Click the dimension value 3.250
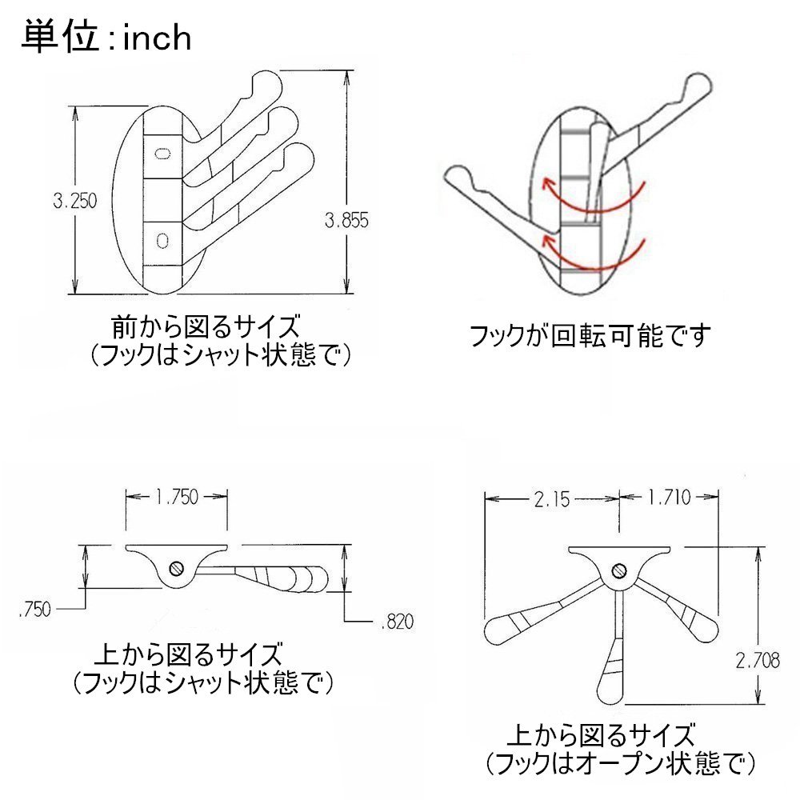pyautogui.click(x=74, y=201)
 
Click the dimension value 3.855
pyautogui.click(x=346, y=220)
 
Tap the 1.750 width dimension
pyautogui.click(x=177, y=497)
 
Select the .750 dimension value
pyautogui.click(x=34, y=609)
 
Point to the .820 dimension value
pyautogui.click(x=397, y=622)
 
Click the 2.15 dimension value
pyautogui.click(x=551, y=499)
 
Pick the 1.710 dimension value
pyautogui.click(x=669, y=497)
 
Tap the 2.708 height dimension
pyautogui.click(x=758, y=660)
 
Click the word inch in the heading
pyautogui.click(x=157, y=38)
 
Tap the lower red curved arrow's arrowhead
pyautogui.click(x=547, y=239)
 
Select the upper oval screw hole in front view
pyautogui.click(x=162, y=153)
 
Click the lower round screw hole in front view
pyautogui.click(x=162, y=239)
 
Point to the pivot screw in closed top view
pyautogui.click(x=177, y=567)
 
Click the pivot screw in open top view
pyautogui.click(x=619, y=570)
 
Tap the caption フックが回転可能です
pyautogui.click(x=590, y=336)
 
